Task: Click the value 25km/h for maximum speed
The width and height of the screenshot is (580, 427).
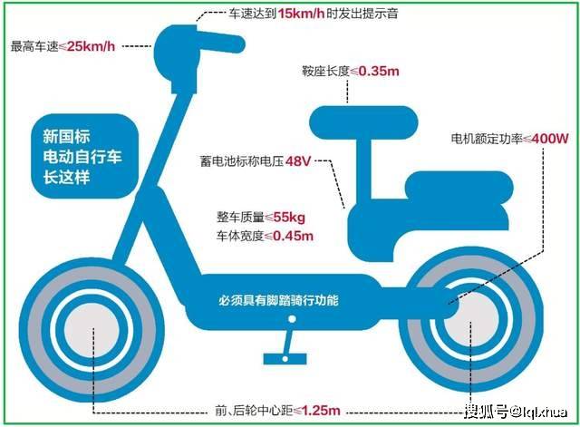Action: click(x=92, y=46)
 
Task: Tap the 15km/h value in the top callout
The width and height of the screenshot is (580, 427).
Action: click(x=301, y=14)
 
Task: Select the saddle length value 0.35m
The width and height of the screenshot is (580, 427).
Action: click(x=379, y=71)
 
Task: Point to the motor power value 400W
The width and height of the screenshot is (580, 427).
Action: click(x=550, y=139)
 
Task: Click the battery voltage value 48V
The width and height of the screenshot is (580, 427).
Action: click(x=298, y=161)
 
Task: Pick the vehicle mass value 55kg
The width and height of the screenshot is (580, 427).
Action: click(x=289, y=218)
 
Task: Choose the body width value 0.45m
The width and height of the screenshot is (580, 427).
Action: click(x=293, y=236)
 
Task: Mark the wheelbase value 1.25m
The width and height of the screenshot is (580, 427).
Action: click(x=321, y=411)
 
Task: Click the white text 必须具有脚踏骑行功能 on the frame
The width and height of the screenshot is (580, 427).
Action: click(x=278, y=300)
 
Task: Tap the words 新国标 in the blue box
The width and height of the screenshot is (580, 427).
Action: click(x=66, y=136)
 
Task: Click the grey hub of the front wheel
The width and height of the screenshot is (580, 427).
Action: click(x=92, y=330)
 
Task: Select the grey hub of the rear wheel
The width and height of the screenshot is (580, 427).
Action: click(x=470, y=319)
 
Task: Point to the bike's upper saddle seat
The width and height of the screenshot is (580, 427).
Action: click(x=363, y=123)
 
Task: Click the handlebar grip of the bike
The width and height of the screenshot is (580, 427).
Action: click(x=221, y=42)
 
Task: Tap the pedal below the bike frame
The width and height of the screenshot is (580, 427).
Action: click(x=285, y=358)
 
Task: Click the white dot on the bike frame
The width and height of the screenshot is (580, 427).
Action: click(x=292, y=318)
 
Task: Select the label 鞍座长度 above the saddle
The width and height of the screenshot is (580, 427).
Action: click(x=325, y=71)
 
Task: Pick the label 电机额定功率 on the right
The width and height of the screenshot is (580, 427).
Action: click(x=487, y=139)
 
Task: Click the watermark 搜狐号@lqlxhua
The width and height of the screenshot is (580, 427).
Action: click(x=516, y=412)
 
